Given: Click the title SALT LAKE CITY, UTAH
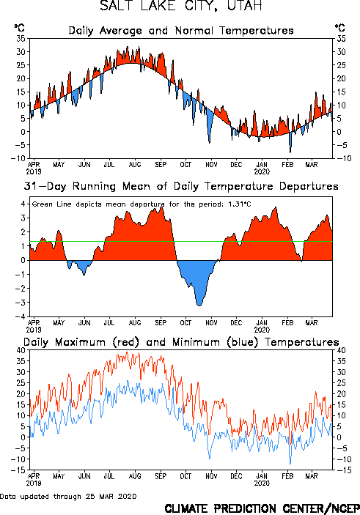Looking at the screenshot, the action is pos(181,6).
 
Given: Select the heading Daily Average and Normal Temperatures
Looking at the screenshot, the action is pos(181,31).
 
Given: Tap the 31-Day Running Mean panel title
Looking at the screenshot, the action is pos(181,186).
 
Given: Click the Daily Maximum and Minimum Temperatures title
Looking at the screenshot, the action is pos(181,342).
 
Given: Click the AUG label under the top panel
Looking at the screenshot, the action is pos(135,164).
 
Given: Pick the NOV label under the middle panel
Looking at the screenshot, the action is pos(211,322).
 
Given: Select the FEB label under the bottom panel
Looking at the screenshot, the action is pos(287,476).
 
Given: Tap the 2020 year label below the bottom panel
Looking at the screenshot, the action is pos(262,483).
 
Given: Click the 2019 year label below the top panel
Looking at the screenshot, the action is pos(34,171).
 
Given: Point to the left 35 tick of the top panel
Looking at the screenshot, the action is pos(21,38).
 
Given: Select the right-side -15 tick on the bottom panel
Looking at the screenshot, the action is pos(342,470).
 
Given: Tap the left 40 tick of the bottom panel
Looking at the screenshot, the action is pos(21,350).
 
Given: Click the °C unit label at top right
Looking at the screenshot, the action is pos(339,28).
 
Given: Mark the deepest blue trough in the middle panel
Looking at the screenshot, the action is pos(199,305).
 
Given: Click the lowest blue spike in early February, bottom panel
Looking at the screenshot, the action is pos(290,464).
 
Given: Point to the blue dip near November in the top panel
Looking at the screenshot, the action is pos(210,142).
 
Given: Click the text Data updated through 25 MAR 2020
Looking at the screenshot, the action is pos(68,496).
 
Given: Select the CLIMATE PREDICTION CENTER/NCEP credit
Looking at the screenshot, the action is pos(262,508).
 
